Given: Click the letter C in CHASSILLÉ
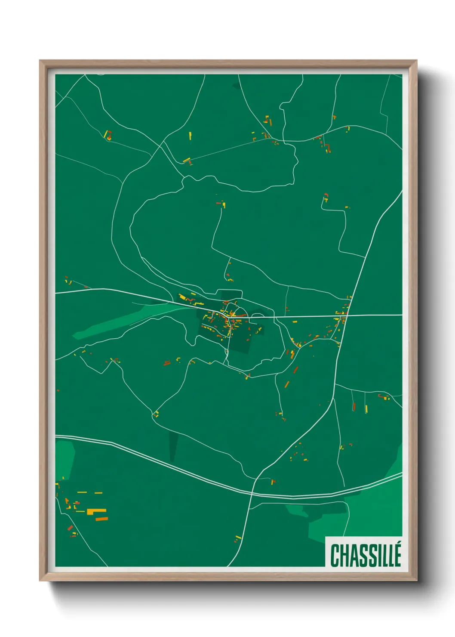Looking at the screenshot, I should click(335, 555).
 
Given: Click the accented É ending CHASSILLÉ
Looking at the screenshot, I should click(397, 554).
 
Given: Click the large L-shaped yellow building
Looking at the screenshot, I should click(97, 511).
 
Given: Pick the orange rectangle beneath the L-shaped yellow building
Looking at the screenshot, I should click(101, 519).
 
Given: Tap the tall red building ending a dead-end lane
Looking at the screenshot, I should click(354, 406).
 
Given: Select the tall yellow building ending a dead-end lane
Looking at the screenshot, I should click(366, 408).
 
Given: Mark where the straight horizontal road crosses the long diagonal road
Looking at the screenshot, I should click(347, 315).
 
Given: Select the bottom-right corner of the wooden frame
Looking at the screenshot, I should click(416, 580).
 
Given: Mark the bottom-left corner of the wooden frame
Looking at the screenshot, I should click(40, 580).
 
